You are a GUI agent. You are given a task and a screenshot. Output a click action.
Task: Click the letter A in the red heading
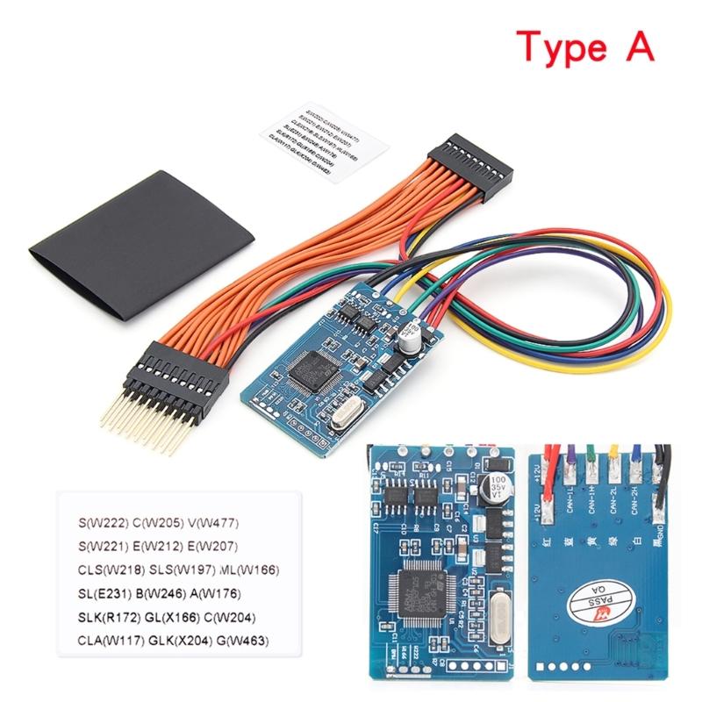tap(639, 44)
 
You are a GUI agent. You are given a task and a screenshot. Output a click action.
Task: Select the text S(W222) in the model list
tap(98, 525)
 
